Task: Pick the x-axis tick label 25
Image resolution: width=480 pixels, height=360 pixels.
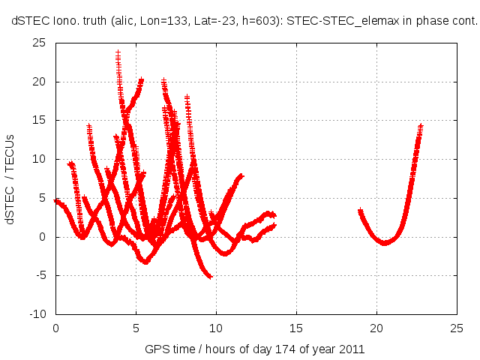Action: tap(457, 328)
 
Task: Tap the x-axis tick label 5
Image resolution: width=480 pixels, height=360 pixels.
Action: tap(136, 328)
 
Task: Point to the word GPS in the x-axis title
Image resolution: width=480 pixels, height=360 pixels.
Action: tap(156, 350)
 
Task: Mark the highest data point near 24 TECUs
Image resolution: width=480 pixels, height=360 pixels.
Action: tap(118, 52)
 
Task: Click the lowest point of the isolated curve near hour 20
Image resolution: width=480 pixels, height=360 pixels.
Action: tap(385, 243)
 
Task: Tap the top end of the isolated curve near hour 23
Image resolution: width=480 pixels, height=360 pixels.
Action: tap(421, 126)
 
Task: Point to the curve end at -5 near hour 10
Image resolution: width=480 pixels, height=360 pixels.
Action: tap(210, 277)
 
